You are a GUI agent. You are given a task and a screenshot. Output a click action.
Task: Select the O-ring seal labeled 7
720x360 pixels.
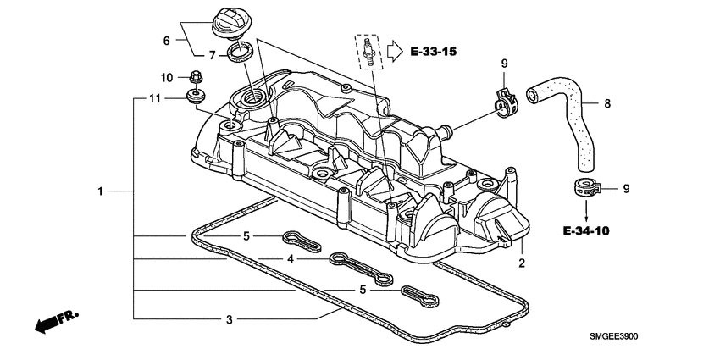tap(241, 55)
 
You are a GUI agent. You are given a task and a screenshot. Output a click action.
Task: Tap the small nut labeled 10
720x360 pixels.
tap(195, 77)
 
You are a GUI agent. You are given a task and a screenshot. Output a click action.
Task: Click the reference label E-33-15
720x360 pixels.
tap(433, 53)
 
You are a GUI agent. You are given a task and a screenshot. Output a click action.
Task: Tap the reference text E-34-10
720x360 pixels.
tap(584, 229)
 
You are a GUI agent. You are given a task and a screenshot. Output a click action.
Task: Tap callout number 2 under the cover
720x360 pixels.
tap(522, 263)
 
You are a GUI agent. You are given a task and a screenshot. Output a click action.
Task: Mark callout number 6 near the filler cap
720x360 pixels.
tap(166, 40)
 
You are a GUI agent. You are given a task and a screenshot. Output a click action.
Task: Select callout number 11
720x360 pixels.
tap(154, 98)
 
